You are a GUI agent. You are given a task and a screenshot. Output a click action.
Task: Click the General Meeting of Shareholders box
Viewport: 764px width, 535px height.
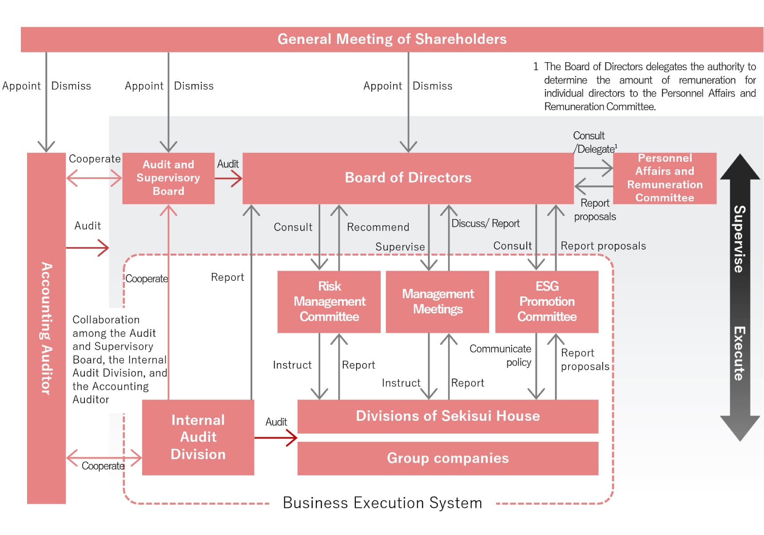click(x=392, y=39)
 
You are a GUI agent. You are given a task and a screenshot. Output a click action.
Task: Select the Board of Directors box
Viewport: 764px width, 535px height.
click(x=408, y=178)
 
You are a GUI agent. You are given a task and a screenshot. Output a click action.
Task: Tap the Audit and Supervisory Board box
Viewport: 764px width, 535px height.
click(x=168, y=178)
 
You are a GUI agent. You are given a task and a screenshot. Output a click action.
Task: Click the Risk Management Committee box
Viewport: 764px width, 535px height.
click(x=329, y=301)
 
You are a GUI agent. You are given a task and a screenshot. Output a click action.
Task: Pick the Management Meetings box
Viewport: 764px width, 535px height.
click(x=438, y=301)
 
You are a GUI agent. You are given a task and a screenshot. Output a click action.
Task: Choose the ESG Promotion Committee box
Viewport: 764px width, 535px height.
click(x=547, y=301)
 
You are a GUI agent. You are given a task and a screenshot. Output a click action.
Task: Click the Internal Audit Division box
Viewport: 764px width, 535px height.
click(x=198, y=437)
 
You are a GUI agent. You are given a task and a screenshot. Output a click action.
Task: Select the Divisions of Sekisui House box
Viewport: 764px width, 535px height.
click(x=448, y=416)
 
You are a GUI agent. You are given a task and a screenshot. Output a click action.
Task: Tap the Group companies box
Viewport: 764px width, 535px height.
click(x=448, y=458)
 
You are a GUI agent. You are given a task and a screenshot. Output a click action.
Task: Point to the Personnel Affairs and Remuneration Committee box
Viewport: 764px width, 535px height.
click(x=665, y=178)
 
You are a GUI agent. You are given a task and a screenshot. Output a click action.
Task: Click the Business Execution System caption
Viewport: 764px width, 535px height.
click(x=382, y=503)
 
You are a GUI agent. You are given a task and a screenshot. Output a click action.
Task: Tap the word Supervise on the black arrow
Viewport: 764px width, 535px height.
click(x=739, y=239)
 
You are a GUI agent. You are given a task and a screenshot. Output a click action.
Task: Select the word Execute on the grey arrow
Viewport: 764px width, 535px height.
click(x=739, y=353)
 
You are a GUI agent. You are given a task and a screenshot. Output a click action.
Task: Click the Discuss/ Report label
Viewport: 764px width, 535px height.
click(x=485, y=224)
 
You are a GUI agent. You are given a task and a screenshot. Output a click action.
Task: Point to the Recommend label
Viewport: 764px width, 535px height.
click(x=378, y=227)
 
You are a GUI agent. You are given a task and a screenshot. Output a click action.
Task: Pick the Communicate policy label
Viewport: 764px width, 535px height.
click(x=501, y=355)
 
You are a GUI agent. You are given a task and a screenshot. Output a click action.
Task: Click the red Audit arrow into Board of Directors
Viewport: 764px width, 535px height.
click(x=229, y=179)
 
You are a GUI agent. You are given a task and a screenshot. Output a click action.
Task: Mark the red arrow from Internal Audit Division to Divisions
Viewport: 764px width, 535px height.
click(x=275, y=438)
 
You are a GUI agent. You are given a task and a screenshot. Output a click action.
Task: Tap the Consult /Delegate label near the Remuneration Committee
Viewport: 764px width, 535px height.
click(x=594, y=142)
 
